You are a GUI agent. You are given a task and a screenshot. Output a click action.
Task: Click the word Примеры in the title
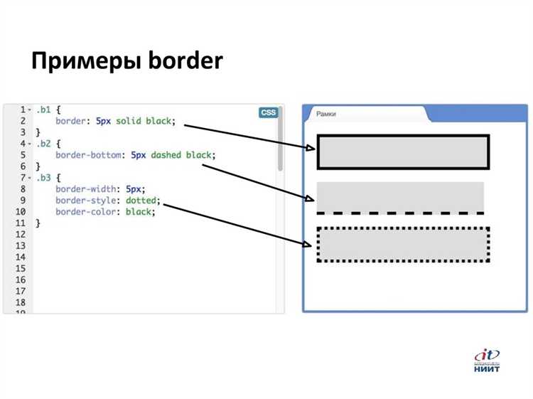(x=83, y=62)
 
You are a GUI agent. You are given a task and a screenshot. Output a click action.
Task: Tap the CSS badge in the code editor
(x=268, y=112)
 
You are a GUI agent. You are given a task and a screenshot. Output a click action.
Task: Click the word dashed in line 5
(x=167, y=154)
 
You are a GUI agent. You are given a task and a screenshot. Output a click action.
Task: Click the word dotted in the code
(x=142, y=200)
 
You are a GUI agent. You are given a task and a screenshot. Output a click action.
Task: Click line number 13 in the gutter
(x=20, y=245)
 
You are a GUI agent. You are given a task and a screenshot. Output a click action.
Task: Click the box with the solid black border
(x=403, y=151)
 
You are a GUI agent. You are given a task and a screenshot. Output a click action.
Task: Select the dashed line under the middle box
(x=400, y=213)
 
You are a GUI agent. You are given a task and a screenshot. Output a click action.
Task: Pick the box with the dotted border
(x=403, y=245)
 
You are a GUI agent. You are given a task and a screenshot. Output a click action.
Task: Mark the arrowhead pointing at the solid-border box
(x=311, y=149)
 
